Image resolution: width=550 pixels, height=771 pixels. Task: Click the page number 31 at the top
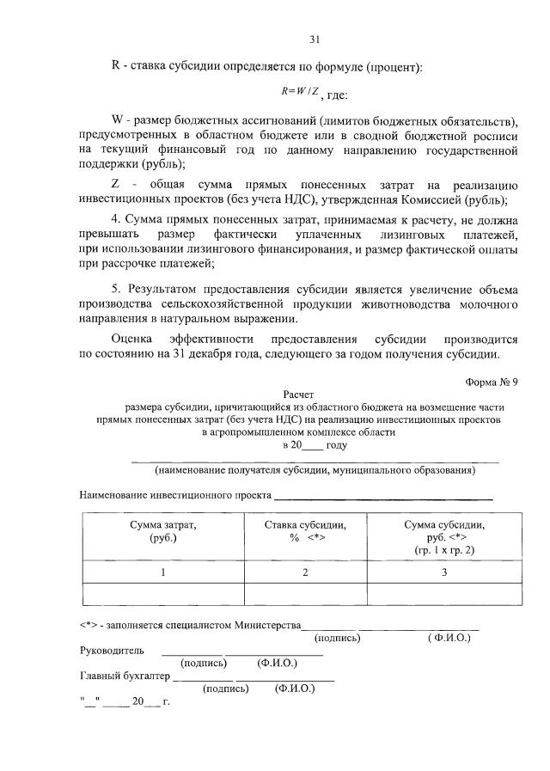(x=315, y=39)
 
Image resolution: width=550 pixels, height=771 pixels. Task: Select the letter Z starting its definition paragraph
(x=115, y=186)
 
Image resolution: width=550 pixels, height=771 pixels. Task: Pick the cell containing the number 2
(x=305, y=572)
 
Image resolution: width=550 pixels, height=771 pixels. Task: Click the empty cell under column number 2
(x=305, y=595)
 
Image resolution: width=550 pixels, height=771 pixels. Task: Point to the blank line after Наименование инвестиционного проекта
(x=383, y=496)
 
